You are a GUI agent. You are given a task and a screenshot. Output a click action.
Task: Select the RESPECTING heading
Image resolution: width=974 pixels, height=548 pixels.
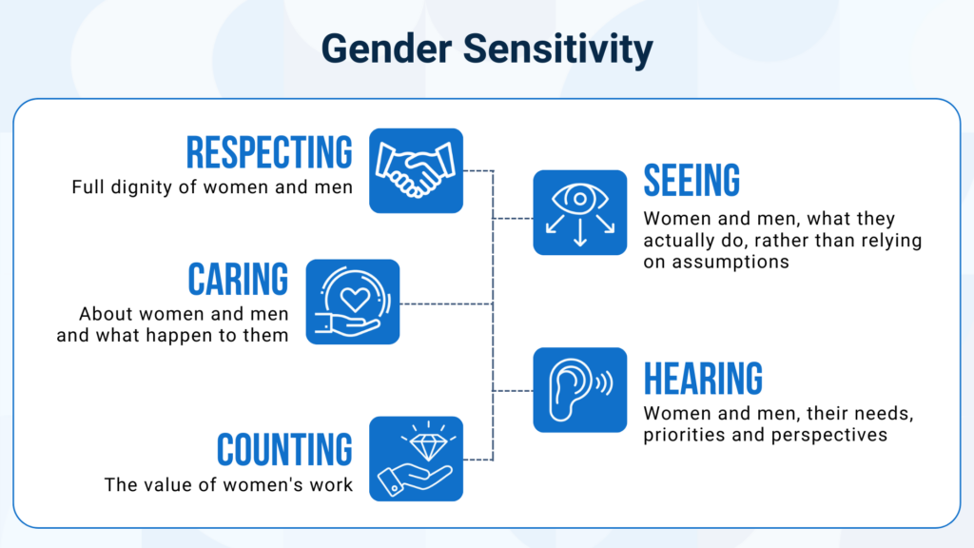pyautogui.click(x=269, y=152)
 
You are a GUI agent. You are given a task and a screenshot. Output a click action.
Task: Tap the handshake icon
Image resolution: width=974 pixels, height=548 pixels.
pyautogui.click(x=416, y=170)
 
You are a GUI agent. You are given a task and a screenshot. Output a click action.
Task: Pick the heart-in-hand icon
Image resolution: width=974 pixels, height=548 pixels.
pyautogui.click(x=353, y=302)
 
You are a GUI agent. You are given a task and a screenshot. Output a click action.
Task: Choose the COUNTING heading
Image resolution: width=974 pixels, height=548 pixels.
pyautogui.click(x=284, y=449)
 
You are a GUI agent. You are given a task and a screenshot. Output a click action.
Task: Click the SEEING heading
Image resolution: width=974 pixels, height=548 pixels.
pyautogui.click(x=692, y=180)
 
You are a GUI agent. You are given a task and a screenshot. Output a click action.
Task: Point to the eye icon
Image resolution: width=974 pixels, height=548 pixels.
pyautogui.click(x=579, y=199)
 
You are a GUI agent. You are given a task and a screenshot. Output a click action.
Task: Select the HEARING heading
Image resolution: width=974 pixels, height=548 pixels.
pyautogui.click(x=703, y=378)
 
